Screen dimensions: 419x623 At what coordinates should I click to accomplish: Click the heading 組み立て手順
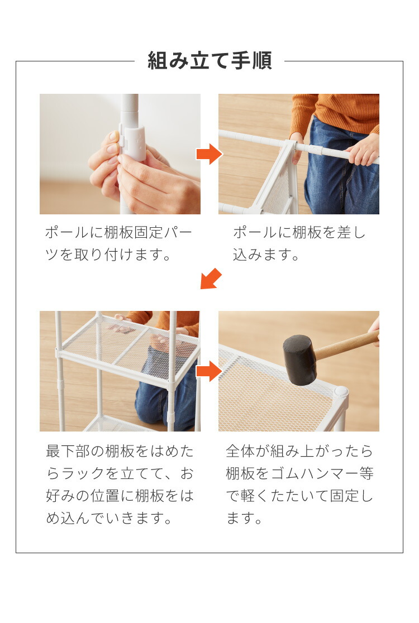[209, 61]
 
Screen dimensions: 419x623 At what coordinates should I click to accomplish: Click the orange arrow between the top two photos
[209, 154]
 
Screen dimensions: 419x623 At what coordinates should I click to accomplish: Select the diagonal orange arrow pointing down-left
[211, 279]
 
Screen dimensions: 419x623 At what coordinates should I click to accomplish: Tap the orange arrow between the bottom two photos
[209, 371]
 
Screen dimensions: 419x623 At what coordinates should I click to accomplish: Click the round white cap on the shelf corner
[341, 391]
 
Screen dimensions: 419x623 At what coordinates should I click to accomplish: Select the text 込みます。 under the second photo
[266, 255]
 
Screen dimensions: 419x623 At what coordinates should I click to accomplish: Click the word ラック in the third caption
[83, 473]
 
